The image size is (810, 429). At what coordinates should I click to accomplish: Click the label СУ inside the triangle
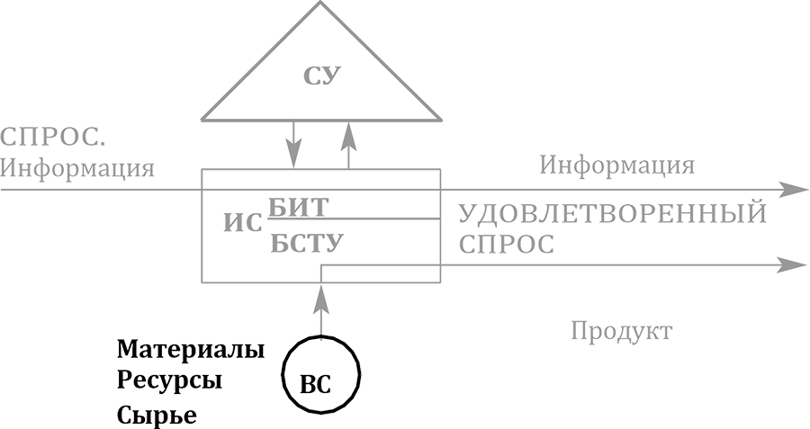pos(321,75)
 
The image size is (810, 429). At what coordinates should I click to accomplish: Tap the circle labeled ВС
pos(321,374)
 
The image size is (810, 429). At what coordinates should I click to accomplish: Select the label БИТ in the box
pos(298,207)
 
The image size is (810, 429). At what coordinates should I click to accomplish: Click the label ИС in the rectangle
pos(242,223)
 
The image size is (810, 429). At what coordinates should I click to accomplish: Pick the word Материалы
pos(191,348)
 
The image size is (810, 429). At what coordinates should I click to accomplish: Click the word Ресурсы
pos(169,380)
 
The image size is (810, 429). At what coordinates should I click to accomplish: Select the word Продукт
pos(621,332)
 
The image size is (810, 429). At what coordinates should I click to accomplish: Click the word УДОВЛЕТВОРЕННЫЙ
pos(613,214)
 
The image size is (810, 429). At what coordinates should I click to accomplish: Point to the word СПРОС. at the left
pos(54,138)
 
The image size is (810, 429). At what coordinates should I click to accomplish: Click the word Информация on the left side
pos(77,168)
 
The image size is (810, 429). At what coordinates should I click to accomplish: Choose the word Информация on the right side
pos(616,165)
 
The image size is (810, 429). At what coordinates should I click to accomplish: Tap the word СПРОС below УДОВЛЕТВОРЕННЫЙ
pos(507,244)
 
